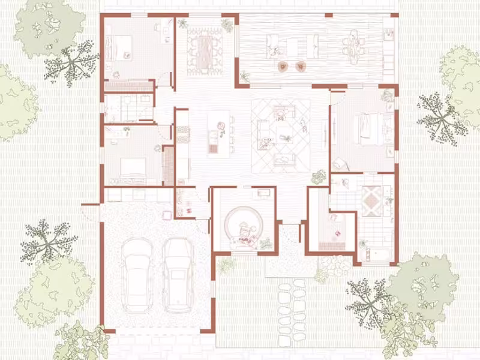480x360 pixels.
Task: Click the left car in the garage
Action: coord(136,274)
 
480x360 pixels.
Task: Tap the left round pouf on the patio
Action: coord(282,67)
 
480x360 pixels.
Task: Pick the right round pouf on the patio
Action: coord(301,67)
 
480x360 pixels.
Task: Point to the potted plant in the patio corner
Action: coord(245,77)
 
